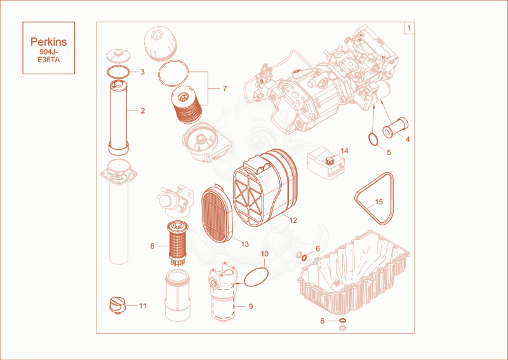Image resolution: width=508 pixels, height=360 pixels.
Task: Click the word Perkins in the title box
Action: coord(49,42)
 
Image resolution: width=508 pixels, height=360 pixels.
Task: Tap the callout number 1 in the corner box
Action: coord(409,28)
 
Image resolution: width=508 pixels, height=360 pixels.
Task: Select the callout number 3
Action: coord(142,72)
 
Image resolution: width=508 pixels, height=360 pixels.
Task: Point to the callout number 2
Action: coord(142,111)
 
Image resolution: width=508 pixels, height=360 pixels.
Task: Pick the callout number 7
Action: coord(225,88)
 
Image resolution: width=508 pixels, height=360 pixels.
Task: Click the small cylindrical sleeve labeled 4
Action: coord(396,127)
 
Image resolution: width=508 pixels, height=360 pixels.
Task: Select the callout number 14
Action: coord(344,151)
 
